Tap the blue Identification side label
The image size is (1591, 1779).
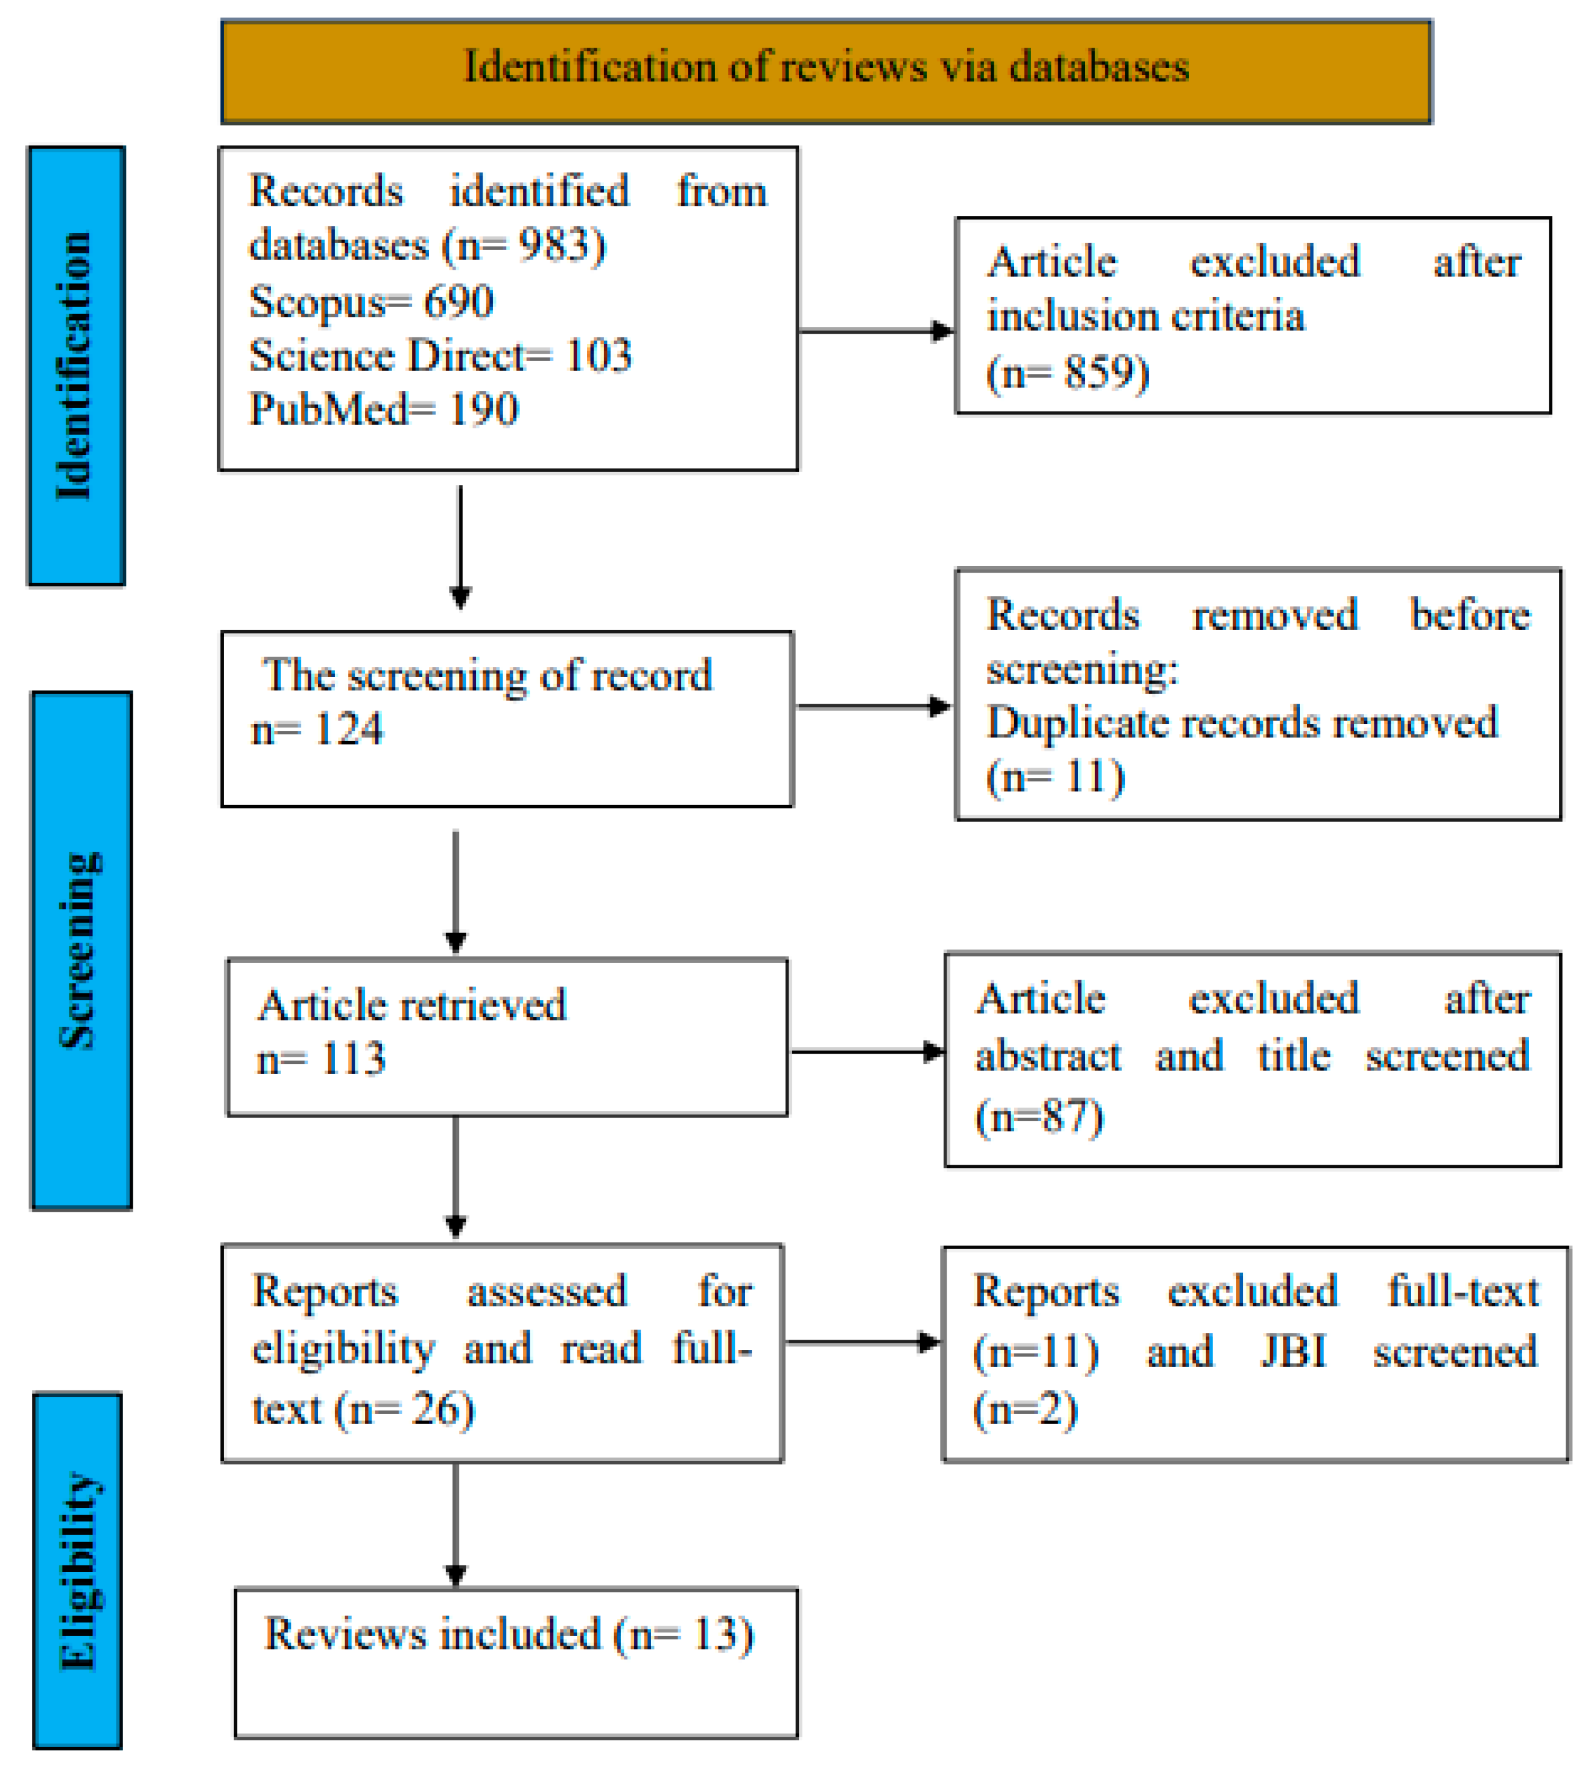click(x=76, y=366)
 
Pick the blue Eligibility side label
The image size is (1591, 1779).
click(x=78, y=1570)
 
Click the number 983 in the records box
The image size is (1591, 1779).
click(x=551, y=246)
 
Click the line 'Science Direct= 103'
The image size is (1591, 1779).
click(x=440, y=356)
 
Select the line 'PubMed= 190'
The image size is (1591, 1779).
click(x=384, y=409)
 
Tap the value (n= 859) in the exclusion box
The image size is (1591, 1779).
click(x=1067, y=374)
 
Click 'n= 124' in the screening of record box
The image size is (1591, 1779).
click(x=317, y=729)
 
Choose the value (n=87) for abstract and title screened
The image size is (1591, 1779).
click(x=1038, y=1116)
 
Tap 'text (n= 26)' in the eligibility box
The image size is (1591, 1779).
click(x=363, y=1409)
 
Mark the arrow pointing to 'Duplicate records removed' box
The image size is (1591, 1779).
click(x=874, y=707)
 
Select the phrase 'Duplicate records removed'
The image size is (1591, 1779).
click(x=1241, y=724)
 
